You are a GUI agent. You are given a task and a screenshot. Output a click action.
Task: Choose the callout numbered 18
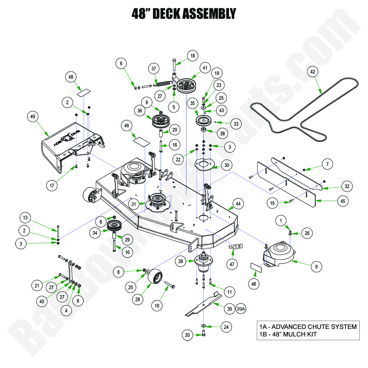[193, 56]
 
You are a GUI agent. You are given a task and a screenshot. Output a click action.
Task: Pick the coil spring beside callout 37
[164, 80]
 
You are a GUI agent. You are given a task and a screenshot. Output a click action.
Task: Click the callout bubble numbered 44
[237, 204]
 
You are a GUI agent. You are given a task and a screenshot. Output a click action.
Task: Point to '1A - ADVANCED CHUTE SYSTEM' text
[308, 327]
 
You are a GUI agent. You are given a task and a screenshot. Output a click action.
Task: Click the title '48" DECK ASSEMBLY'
[184, 14]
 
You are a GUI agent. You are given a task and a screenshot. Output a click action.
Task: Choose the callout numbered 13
[25, 218]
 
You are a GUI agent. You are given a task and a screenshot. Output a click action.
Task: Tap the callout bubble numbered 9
[316, 267]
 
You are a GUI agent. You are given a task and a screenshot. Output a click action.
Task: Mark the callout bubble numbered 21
[37, 286]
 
